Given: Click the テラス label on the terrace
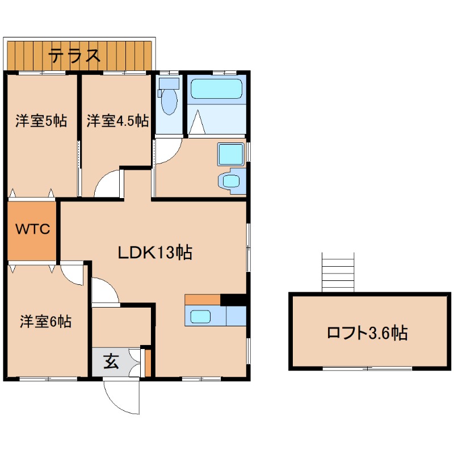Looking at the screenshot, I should tap(74, 56).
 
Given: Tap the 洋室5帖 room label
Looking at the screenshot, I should tap(41, 121).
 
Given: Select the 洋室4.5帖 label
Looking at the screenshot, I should tap(117, 121).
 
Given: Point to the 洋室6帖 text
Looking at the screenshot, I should tap(45, 322).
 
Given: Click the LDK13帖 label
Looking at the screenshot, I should tap(155, 253).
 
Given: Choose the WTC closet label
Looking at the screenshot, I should tap(32, 230).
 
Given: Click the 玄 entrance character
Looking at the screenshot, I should tap(111, 361).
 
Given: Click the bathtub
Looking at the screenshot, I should tap(216, 89).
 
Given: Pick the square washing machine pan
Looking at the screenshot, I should tap(231, 154).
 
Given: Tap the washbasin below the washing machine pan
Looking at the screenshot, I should tap(231, 181).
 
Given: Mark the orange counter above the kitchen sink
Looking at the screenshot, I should tap(202, 300).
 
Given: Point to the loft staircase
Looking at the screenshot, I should tap(338, 272).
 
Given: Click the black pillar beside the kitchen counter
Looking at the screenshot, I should tap(233, 299).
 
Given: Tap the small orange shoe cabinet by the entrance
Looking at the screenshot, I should tap(148, 364).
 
